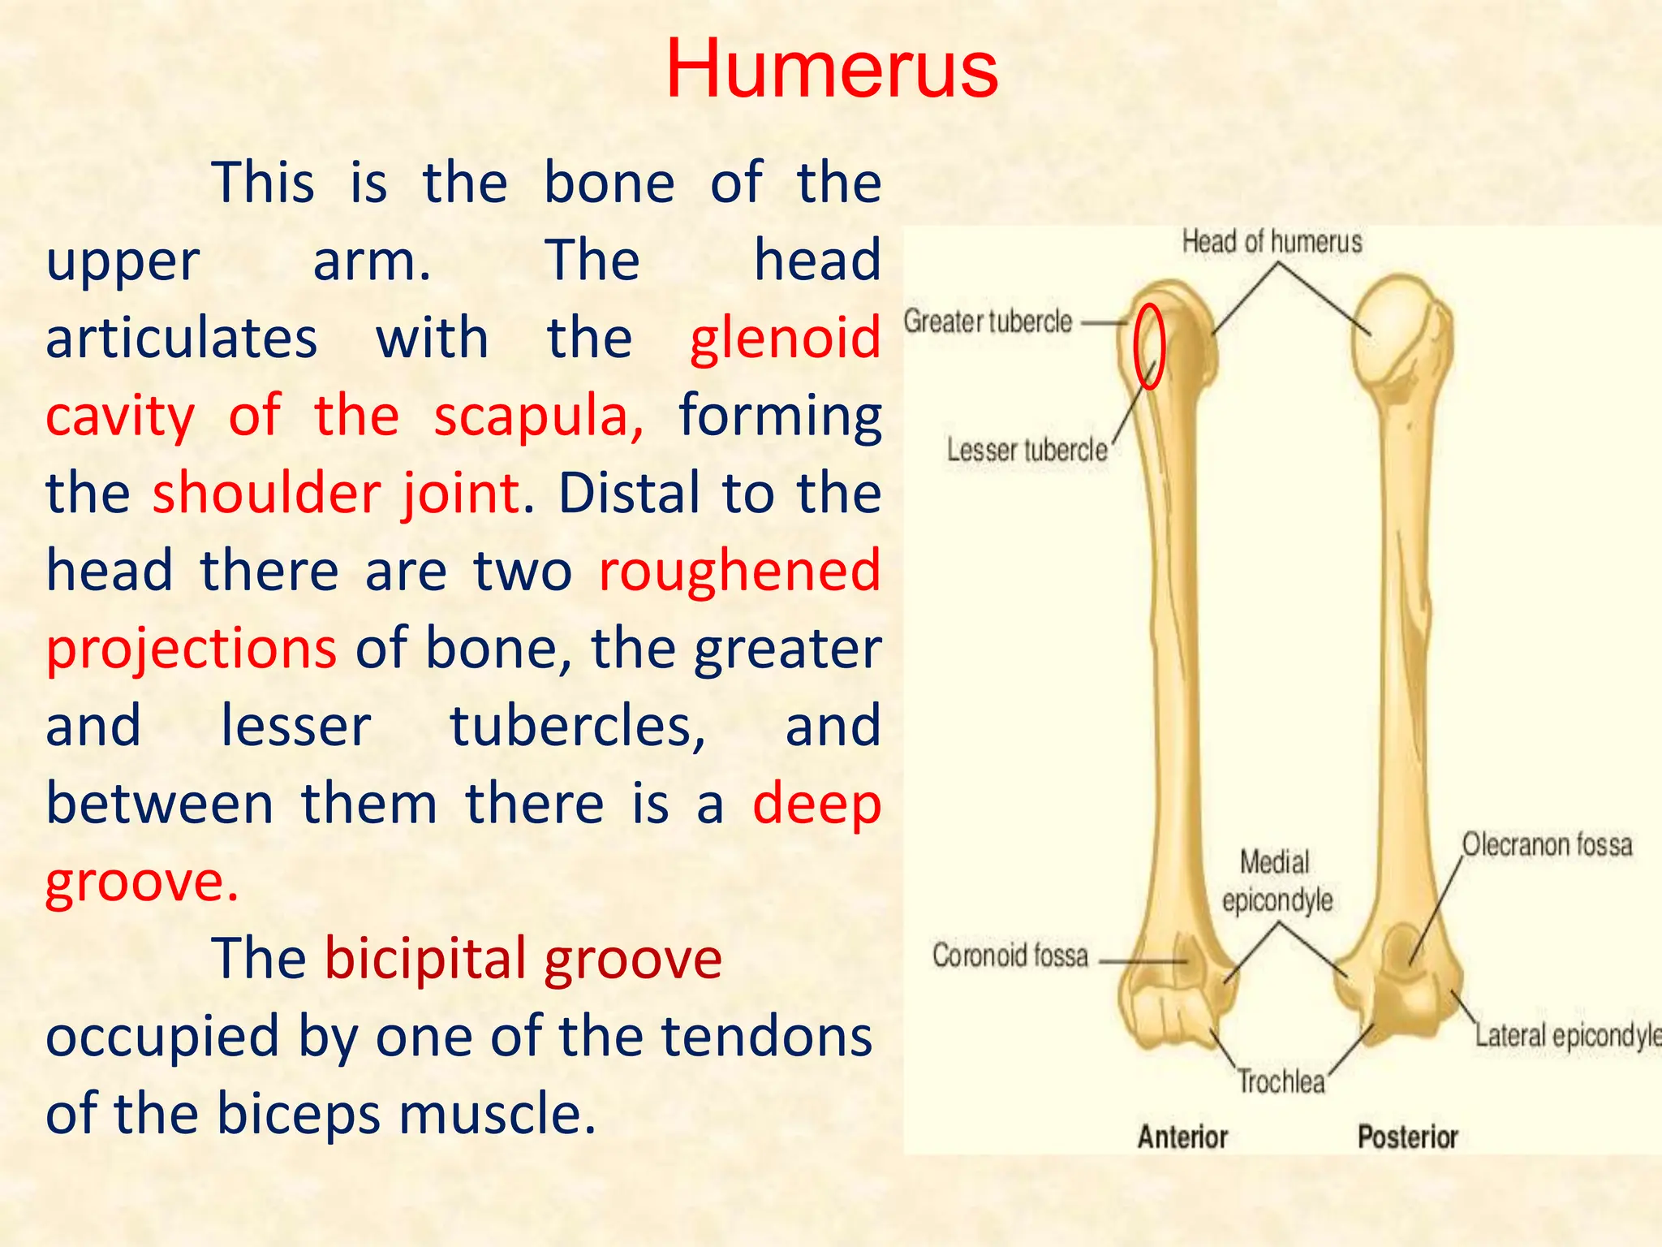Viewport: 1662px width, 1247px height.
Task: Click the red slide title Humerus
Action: pos(832,70)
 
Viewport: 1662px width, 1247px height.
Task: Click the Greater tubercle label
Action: pos(988,321)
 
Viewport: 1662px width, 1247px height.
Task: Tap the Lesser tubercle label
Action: pos(1027,450)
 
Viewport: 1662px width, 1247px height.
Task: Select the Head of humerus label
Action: pos(1272,242)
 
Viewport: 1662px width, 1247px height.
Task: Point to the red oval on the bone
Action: pos(1149,346)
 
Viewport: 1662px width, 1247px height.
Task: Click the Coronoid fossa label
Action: pos(1010,956)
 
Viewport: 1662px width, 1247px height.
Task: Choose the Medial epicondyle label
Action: pos(1277,881)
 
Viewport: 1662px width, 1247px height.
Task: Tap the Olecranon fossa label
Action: pos(1547,845)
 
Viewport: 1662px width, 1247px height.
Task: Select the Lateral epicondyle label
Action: pos(1566,1036)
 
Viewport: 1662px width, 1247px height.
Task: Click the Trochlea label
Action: pos(1281,1082)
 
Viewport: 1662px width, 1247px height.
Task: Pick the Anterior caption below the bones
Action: pos(1182,1137)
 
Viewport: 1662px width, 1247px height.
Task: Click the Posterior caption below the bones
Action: pos(1408,1137)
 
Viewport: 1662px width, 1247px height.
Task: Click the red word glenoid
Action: pos(785,339)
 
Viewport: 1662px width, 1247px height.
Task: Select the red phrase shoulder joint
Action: pos(337,494)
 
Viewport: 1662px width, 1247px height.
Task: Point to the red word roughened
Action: pos(739,571)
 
